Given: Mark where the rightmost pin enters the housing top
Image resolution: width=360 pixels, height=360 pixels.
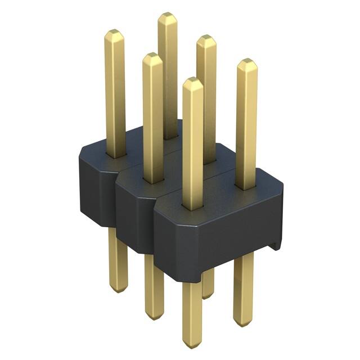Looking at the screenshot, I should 245,187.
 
